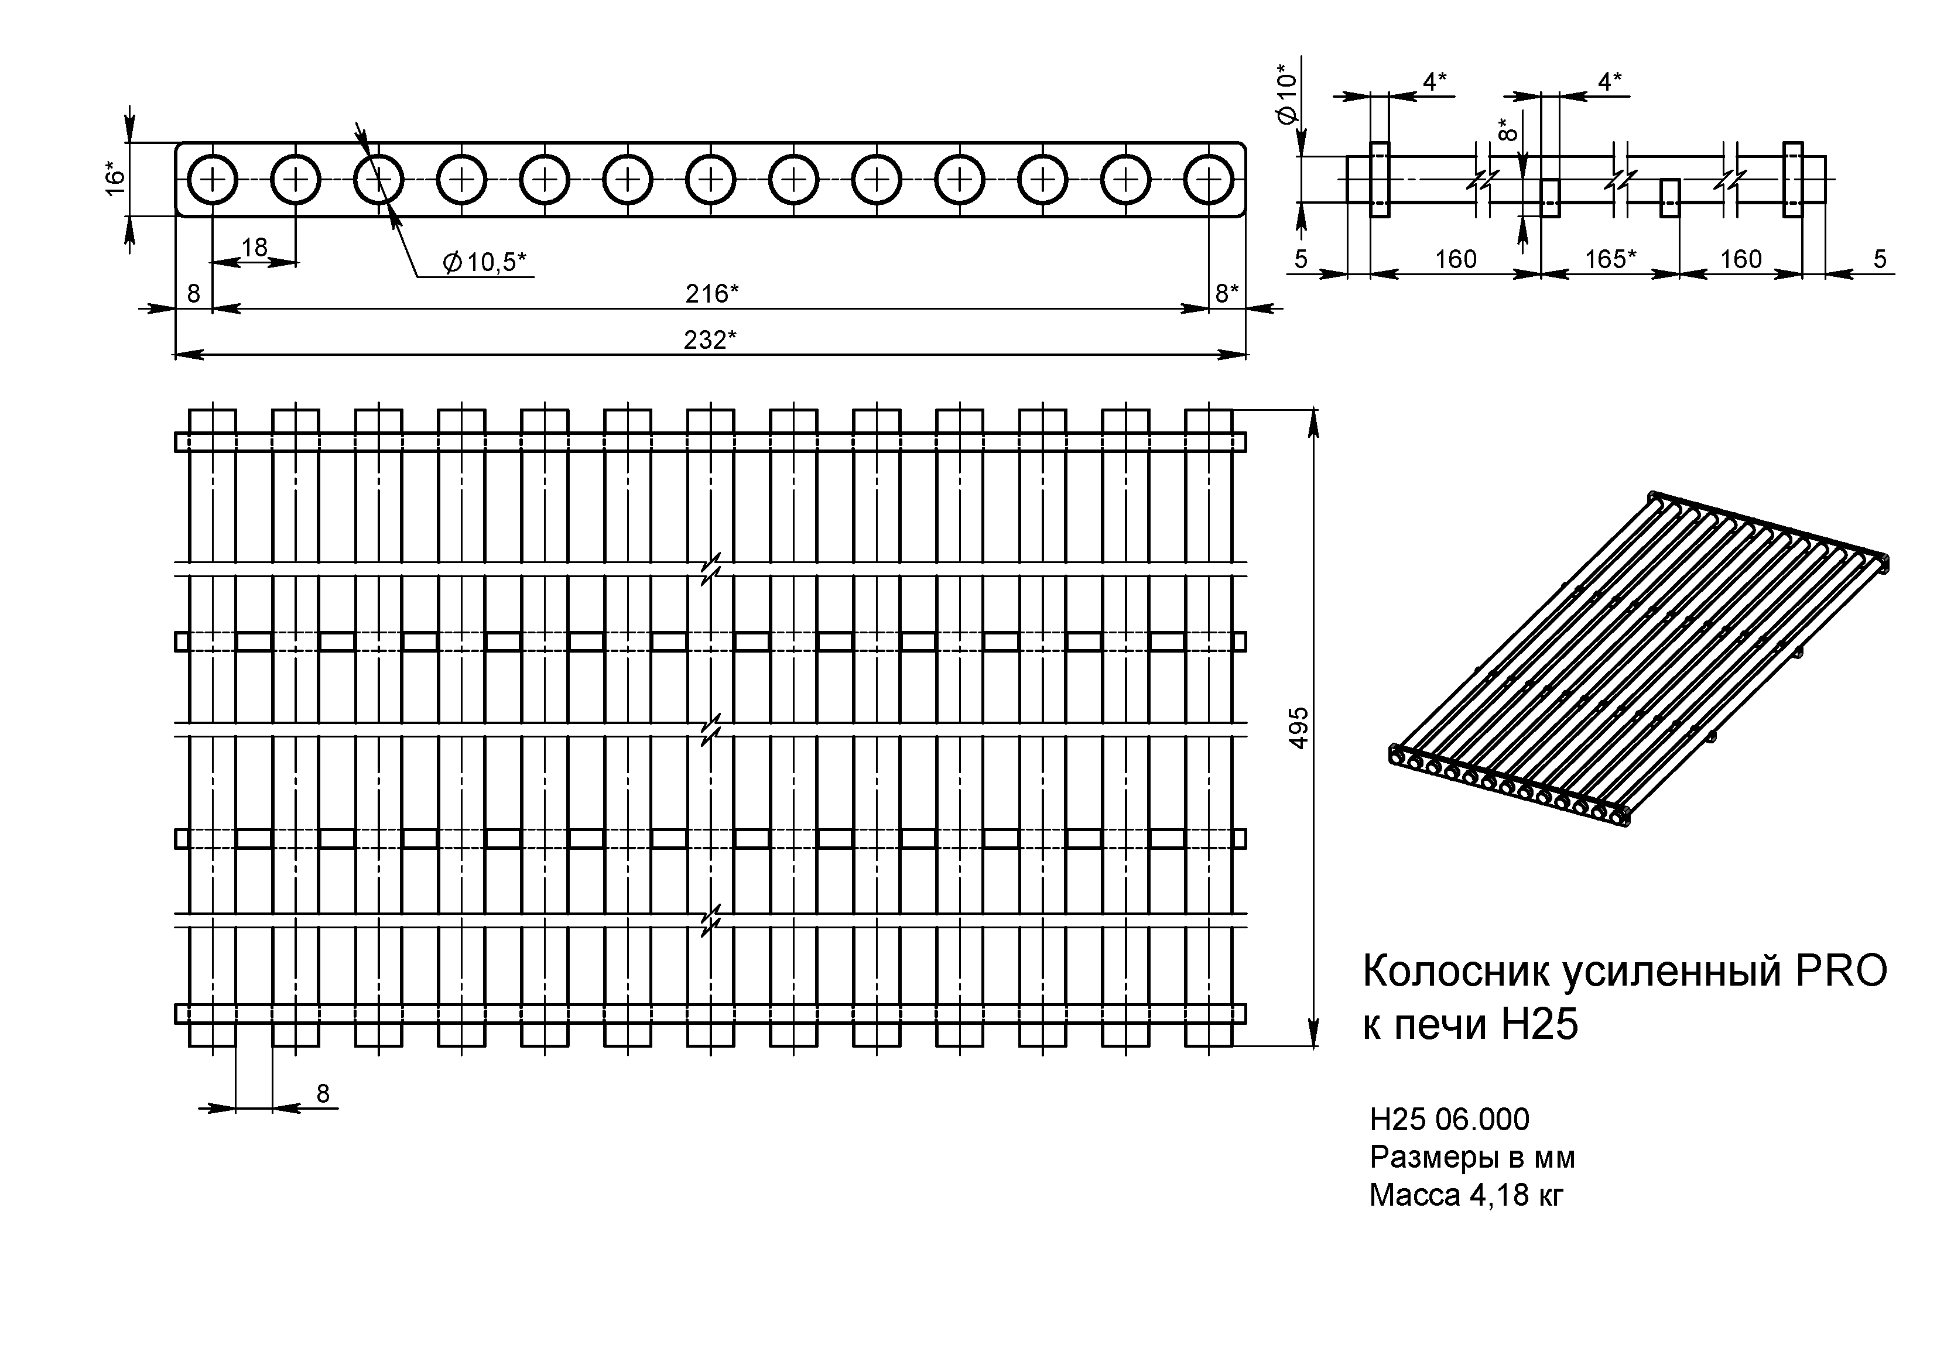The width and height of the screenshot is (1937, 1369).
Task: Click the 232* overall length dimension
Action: tap(710, 340)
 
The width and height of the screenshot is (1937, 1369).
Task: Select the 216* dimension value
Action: tap(711, 294)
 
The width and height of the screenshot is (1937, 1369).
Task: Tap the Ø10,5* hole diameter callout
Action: tap(484, 262)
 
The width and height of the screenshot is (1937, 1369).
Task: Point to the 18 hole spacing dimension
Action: tap(254, 247)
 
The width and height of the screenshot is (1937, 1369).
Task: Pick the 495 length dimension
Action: tap(1299, 727)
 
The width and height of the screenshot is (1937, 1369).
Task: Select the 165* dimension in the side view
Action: tap(1609, 259)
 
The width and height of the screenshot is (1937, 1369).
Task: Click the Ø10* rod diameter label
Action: tap(1286, 94)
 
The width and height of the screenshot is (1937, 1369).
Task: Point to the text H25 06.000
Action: tap(1449, 1119)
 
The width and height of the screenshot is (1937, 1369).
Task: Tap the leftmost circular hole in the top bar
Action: tap(212, 179)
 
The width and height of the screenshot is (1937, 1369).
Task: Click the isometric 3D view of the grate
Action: tap(1637, 658)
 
